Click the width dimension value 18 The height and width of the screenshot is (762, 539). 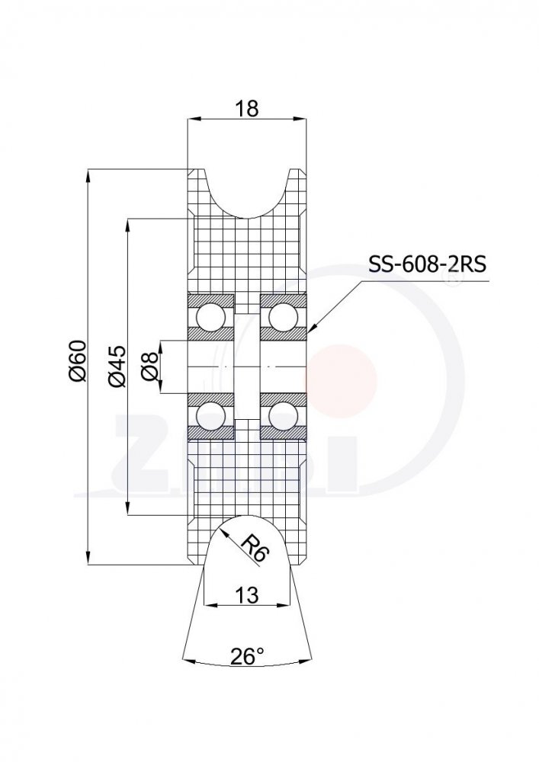(x=247, y=109)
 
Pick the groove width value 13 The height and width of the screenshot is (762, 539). (x=247, y=594)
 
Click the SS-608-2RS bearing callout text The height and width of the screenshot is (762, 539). (x=427, y=264)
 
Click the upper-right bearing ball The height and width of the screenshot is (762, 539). (x=283, y=315)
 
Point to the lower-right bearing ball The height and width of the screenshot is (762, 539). (x=283, y=416)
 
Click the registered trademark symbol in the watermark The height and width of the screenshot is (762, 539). (x=452, y=280)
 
